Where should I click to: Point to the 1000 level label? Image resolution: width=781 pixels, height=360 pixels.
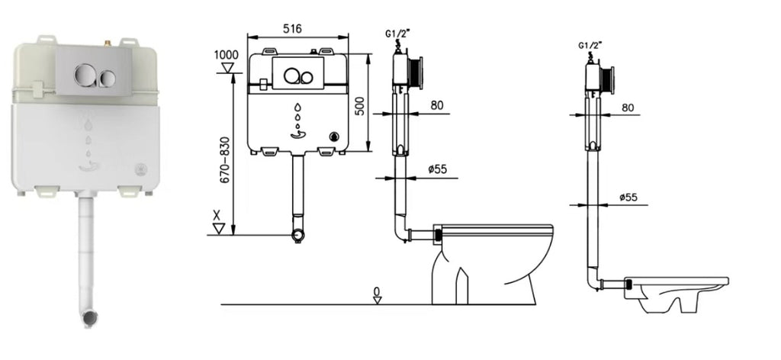click(x=226, y=55)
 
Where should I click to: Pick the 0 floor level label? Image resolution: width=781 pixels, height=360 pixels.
click(x=377, y=291)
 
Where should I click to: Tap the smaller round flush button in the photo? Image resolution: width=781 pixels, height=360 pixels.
click(x=108, y=76)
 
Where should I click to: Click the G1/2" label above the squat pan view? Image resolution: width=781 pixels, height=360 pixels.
click(x=591, y=46)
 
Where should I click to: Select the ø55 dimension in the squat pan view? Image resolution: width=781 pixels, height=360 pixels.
click(x=628, y=198)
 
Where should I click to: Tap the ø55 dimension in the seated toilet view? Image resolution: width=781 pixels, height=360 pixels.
click(x=436, y=169)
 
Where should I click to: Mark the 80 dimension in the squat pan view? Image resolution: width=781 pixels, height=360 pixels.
click(x=628, y=108)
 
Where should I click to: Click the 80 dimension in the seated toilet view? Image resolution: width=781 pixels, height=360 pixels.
click(x=437, y=105)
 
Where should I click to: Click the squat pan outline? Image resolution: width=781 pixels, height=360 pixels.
click(x=675, y=294)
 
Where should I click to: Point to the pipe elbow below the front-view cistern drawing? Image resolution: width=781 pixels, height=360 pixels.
click(x=299, y=232)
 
